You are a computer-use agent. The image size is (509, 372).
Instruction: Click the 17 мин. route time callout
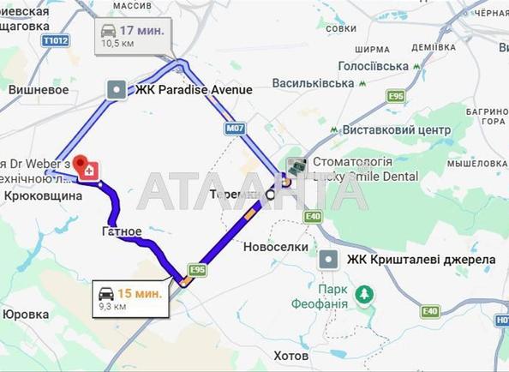pyautogui.click(x=133, y=35)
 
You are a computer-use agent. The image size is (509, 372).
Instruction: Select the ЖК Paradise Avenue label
pyautogui.click(x=194, y=89)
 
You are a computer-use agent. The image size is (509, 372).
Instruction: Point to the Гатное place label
pyautogui.click(x=122, y=231)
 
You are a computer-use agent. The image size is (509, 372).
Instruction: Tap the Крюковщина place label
pyautogui.click(x=43, y=195)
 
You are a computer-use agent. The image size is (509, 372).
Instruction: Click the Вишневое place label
pyautogui.click(x=38, y=88)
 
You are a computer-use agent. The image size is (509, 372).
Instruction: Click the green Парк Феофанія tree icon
pyautogui.click(x=365, y=295)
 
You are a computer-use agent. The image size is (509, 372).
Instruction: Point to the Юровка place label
pyautogui.click(x=26, y=314)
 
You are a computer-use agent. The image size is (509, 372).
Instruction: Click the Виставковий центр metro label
pyautogui.click(x=396, y=129)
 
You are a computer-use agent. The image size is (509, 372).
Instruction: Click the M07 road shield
pyautogui.click(x=236, y=129)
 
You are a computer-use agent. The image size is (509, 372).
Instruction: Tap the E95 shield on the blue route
pyautogui.click(x=197, y=270)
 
